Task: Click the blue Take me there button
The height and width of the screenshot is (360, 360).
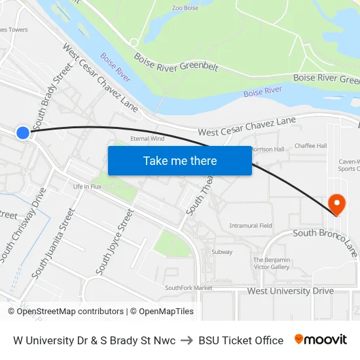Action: [179, 160]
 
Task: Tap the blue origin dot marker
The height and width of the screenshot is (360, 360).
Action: [23, 133]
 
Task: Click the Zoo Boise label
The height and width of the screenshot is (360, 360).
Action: [185, 8]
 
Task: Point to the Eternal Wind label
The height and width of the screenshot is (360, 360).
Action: [147, 139]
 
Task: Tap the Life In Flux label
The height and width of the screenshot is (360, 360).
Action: [87, 187]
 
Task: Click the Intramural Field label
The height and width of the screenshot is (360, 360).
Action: [251, 226]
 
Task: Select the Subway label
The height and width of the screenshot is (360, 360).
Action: [222, 251]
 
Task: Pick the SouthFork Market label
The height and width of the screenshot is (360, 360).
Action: [189, 287]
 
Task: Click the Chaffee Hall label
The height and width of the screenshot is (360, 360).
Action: [310, 145]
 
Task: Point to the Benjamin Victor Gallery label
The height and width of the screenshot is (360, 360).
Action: [271, 263]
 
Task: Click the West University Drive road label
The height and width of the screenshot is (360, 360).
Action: [290, 291]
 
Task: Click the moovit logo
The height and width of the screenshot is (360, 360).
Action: [321, 340]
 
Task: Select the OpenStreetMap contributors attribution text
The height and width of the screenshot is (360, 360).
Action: [70, 312]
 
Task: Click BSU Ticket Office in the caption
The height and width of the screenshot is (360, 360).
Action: [241, 340]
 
